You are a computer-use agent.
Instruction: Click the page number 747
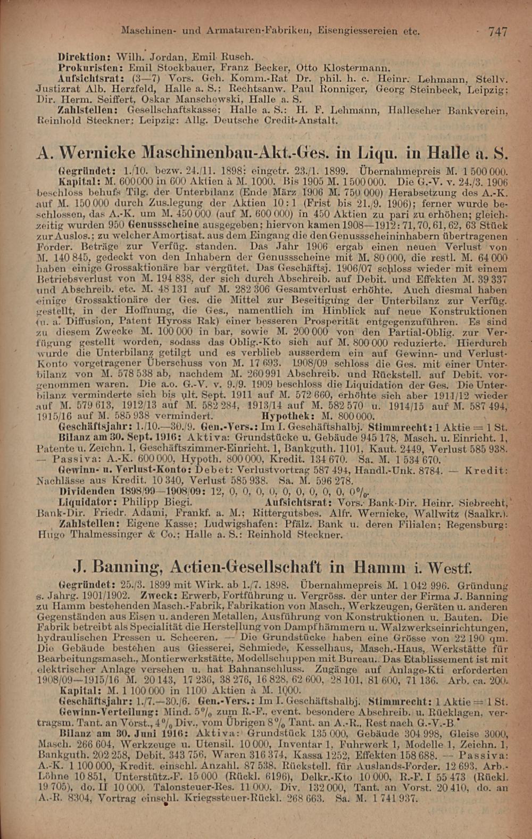(497, 32)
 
